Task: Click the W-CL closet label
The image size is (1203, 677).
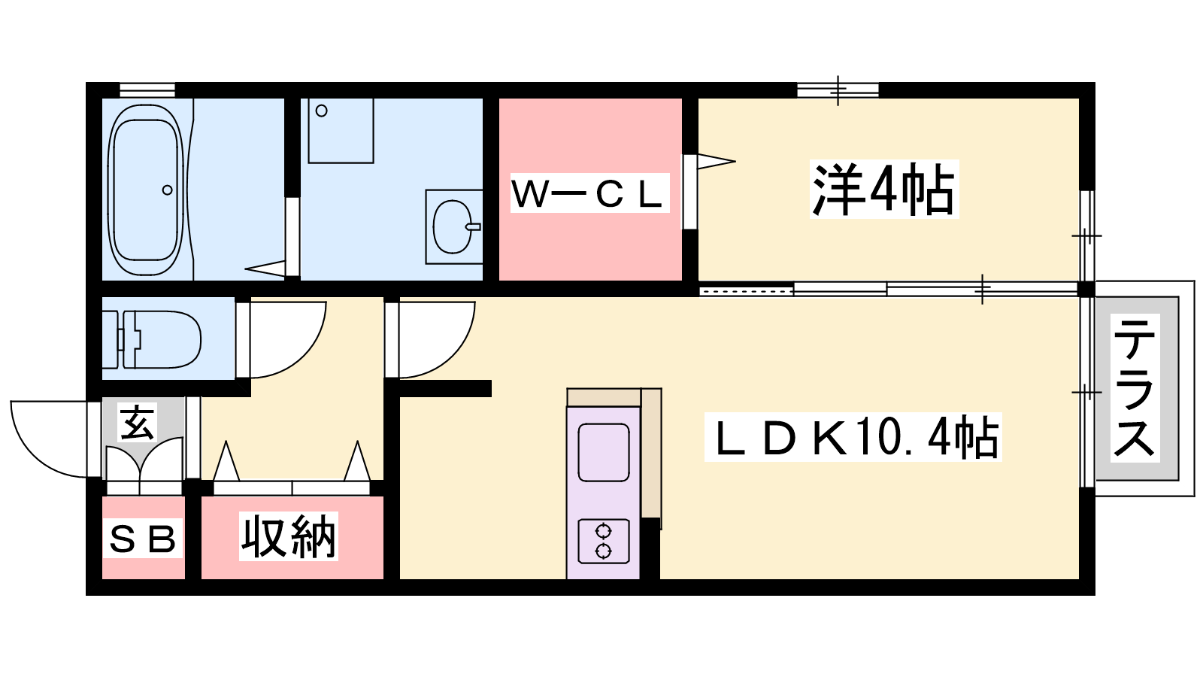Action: (589, 193)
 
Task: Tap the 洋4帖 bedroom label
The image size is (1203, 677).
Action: (884, 190)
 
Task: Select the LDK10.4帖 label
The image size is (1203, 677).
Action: (853, 437)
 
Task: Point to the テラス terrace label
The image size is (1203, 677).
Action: (1135, 387)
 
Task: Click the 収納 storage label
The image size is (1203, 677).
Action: (289, 536)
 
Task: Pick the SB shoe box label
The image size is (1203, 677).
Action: (143, 539)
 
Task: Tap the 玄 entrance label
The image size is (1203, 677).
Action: (137, 422)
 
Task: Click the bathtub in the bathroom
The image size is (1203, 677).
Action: (146, 190)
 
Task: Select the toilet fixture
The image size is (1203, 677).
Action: (152, 339)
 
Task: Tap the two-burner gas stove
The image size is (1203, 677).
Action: (603, 541)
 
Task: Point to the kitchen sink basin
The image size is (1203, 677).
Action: (604, 452)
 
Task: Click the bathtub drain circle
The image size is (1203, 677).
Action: (167, 190)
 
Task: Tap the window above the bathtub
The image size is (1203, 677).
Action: (147, 90)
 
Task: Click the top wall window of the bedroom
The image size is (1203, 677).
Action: (838, 90)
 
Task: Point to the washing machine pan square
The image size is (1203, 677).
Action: (341, 130)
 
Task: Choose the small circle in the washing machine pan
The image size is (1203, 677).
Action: (322, 111)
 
